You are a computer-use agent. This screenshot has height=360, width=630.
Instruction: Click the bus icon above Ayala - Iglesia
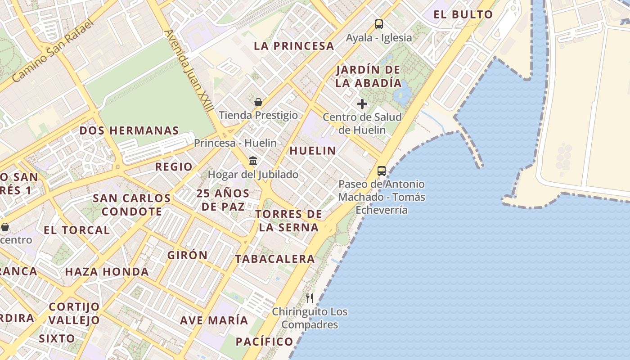[x=379, y=24]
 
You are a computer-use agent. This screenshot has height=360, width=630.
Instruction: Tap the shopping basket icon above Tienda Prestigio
[x=258, y=102]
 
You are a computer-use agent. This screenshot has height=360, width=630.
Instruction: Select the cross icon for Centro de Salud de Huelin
[x=362, y=104]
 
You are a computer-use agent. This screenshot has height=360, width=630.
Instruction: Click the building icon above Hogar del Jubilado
[x=253, y=161]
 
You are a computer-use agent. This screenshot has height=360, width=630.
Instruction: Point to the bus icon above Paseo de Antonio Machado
[x=382, y=171]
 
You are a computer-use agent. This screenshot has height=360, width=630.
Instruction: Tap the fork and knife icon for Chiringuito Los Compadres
[x=310, y=298]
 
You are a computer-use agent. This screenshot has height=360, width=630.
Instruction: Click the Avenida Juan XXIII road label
[x=189, y=71]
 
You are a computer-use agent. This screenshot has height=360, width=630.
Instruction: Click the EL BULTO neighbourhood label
[x=463, y=14]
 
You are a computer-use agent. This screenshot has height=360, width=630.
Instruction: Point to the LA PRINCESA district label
[x=294, y=46]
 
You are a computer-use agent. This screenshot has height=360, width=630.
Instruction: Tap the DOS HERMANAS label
[x=129, y=130]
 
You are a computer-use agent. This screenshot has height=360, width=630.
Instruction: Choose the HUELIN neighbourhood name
[x=313, y=151]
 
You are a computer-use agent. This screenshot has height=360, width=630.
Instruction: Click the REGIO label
[x=174, y=166]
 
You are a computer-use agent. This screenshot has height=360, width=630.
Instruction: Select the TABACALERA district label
[x=275, y=259]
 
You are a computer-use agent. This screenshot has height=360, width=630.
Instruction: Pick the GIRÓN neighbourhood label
[x=188, y=255]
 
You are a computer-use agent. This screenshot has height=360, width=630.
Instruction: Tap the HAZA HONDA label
[x=107, y=272]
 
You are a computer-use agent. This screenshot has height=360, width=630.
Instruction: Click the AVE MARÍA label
[x=214, y=320]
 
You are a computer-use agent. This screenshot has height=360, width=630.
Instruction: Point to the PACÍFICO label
[x=265, y=342]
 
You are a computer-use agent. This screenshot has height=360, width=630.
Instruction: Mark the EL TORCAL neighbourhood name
[x=76, y=230]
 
